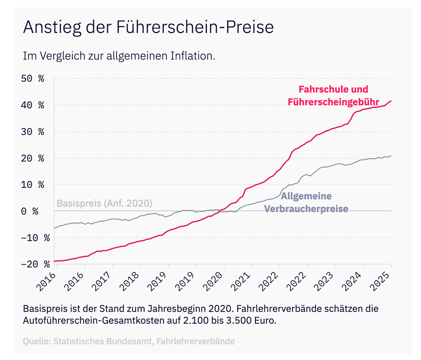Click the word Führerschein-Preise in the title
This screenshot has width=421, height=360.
pyautogui.click(x=195, y=27)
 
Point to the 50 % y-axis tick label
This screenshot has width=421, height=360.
pyautogui.click(x=33, y=79)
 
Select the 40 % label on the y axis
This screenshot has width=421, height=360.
pyautogui.click(x=33, y=105)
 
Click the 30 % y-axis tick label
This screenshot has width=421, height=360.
pyautogui.click(x=33, y=132)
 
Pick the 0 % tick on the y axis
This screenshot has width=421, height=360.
pyautogui.click(x=30, y=211)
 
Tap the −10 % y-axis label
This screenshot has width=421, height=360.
pyautogui.click(x=35, y=238)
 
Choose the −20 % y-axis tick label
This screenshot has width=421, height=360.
pyautogui.click(x=35, y=264)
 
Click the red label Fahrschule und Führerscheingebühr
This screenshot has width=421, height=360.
pyautogui.click(x=333, y=96)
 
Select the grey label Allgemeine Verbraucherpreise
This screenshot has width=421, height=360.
pyautogui.click(x=306, y=202)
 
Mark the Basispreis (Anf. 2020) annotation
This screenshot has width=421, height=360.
pyautogui.click(x=104, y=203)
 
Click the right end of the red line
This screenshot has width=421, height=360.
pyautogui.click(x=391, y=101)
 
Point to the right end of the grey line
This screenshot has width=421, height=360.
pyautogui.click(x=391, y=156)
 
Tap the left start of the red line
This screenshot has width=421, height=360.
pyautogui.click(x=54, y=261)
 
